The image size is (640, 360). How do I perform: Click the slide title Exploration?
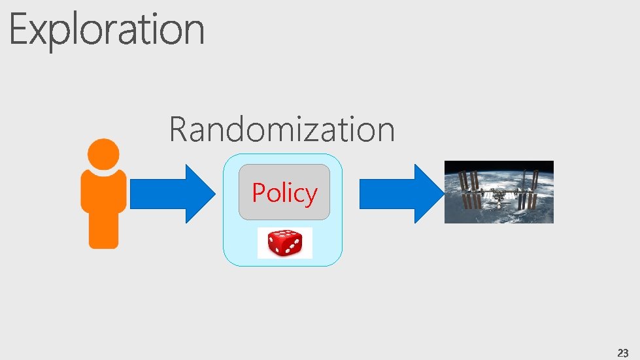[x=107, y=30]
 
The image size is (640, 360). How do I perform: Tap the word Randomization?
[x=282, y=129]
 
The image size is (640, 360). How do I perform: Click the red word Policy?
[x=284, y=193]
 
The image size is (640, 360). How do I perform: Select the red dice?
[x=284, y=244]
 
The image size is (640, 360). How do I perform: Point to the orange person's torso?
[x=103, y=206]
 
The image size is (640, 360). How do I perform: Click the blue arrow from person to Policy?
[x=171, y=194]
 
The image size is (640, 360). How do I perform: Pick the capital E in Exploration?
[x=19, y=30]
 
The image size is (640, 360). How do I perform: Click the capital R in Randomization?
[x=178, y=129]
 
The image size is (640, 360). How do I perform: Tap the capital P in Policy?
[x=260, y=193]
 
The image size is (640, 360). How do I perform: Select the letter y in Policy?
[x=310, y=196]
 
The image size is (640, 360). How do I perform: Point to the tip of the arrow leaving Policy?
[x=442, y=194]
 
